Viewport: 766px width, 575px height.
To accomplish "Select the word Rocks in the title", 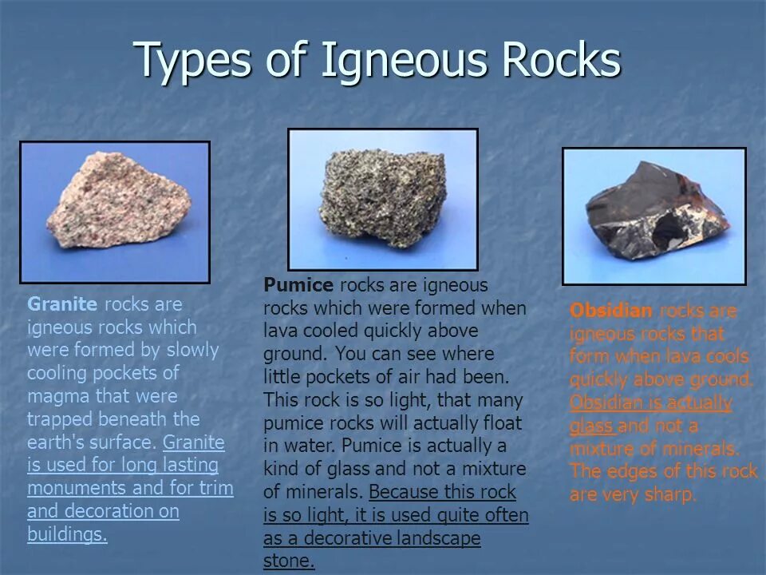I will coord(559,61).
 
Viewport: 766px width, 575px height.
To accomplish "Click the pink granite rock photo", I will coord(116,212).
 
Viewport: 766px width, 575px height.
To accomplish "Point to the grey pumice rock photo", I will coord(383,200).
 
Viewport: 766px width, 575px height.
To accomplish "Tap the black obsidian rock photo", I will coord(654,216).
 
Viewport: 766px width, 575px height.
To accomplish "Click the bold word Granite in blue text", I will coord(62,304).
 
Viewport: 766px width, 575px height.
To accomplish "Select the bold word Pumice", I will coord(298,285).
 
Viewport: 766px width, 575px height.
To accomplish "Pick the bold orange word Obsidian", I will coord(611,311).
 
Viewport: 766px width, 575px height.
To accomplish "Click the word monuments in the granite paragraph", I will coord(77,488).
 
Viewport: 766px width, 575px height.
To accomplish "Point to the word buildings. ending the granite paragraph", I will coord(67,534).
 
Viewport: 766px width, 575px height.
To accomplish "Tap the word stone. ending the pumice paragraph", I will coord(289,561).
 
